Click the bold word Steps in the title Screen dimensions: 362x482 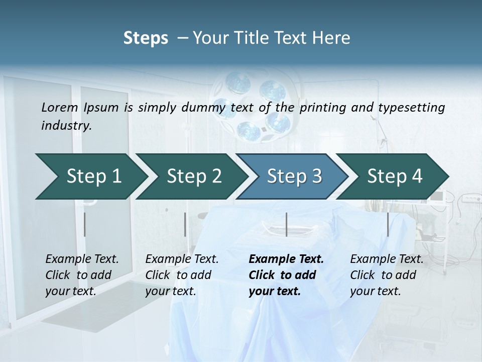coord(146,38)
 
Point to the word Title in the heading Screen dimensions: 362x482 coord(255,38)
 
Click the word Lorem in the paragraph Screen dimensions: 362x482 coord(60,107)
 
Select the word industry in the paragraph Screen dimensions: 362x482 coord(66,125)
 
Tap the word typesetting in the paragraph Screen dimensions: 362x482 coord(412,107)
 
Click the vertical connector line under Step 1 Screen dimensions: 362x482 coord(85,224)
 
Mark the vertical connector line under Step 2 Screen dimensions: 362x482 coord(185,224)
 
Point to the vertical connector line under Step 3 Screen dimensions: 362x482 coord(286,224)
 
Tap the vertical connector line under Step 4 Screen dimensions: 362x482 coord(388,224)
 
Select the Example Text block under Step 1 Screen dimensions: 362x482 coord(82,275)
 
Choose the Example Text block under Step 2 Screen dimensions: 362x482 coord(182,275)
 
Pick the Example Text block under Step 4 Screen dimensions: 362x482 coord(387,275)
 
